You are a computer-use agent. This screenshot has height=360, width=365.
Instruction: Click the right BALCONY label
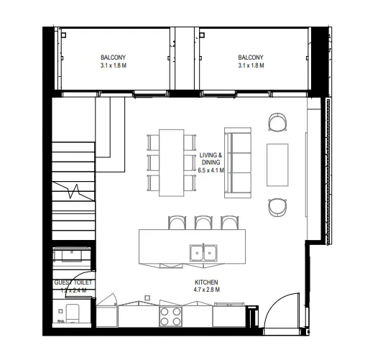tap(251, 57)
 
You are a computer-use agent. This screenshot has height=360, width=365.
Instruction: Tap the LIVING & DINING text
tap(211, 159)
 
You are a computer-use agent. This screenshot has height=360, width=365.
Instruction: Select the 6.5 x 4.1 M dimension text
tap(211, 171)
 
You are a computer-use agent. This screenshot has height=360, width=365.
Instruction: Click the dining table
tap(172, 162)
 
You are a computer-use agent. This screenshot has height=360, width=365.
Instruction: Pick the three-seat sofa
tap(238, 162)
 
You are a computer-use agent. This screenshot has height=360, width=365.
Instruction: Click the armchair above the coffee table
tap(277, 123)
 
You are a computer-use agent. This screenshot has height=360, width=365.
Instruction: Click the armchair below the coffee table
tap(277, 206)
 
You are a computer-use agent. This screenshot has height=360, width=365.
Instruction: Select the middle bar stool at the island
tap(203, 223)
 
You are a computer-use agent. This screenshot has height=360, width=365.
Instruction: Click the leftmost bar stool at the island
tap(176, 223)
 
